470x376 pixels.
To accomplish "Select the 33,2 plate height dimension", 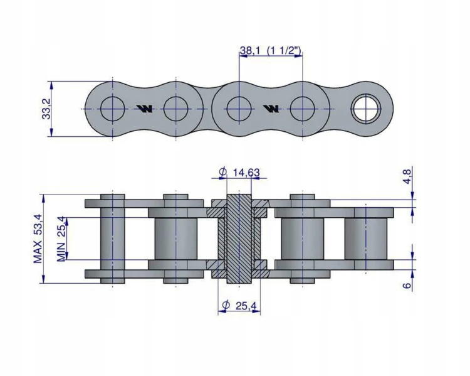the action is [x=46, y=109].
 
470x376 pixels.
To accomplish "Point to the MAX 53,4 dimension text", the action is [x=38, y=239].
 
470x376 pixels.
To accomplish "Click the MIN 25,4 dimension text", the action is [x=61, y=239].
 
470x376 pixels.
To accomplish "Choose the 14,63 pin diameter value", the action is [x=246, y=173].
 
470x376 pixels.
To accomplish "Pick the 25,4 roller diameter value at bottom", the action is [x=246, y=306].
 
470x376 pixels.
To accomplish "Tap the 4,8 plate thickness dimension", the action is [x=408, y=176].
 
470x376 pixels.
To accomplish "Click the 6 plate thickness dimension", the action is [x=407, y=285].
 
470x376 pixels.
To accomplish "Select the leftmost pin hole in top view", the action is [x=112, y=109].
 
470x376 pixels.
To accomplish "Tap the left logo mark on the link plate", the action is [x=145, y=109].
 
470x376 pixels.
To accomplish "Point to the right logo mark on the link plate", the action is [x=271, y=109].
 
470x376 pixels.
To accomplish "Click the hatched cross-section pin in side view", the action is [x=239, y=239].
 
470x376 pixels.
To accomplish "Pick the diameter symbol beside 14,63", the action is [x=223, y=173].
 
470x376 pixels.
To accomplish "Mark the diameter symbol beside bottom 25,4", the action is [x=226, y=306].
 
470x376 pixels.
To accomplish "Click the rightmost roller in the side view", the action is [x=366, y=239].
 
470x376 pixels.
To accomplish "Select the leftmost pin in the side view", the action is [x=112, y=239].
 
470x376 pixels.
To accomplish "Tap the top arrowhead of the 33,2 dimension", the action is [x=51, y=85].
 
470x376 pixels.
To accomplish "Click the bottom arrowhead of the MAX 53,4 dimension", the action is [x=44, y=279].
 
